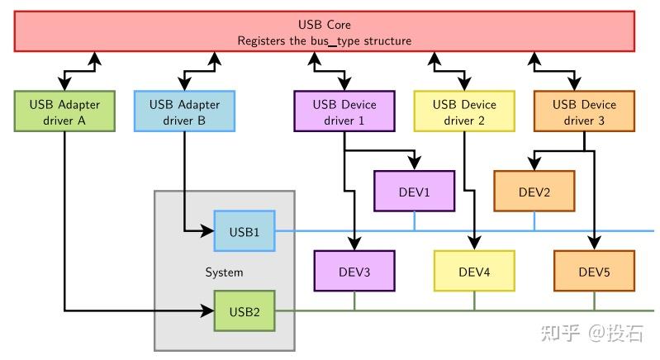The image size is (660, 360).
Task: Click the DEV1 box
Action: pyautogui.click(x=414, y=192)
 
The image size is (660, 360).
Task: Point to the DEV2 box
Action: pyautogui.click(x=534, y=192)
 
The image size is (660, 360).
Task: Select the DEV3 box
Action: pyautogui.click(x=354, y=272)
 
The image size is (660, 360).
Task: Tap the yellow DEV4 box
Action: pyautogui.click(x=474, y=272)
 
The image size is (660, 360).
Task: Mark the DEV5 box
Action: pyautogui.click(x=593, y=272)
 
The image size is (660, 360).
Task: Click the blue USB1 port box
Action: pyautogui.click(x=244, y=232)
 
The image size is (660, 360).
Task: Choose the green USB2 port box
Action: pyautogui.click(x=244, y=311)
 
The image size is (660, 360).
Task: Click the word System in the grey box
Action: pyautogui.click(x=224, y=272)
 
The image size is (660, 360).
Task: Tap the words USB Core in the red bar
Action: pyautogui.click(x=324, y=25)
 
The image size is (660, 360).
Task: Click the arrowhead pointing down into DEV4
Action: pyautogui.click(x=474, y=244)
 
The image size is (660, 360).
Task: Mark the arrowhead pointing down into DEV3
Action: pyautogui.click(x=354, y=244)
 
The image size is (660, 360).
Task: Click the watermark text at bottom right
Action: pyautogui.click(x=591, y=333)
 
